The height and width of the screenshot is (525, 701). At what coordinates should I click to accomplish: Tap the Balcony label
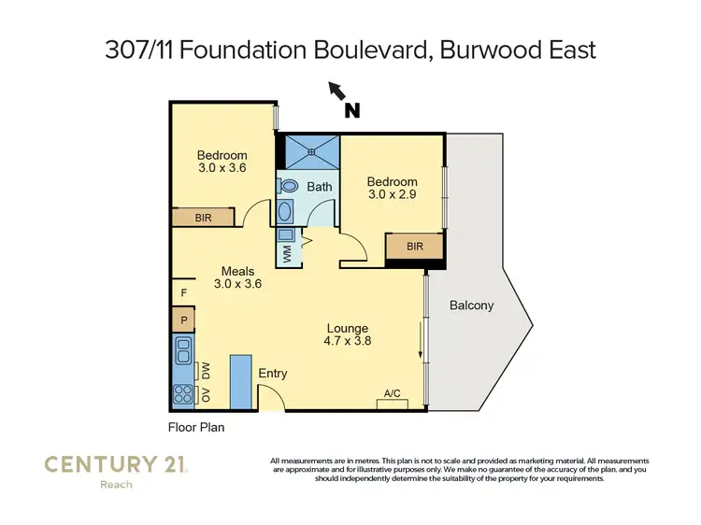pos(471,305)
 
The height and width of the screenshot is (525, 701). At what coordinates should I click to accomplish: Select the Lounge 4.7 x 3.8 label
pos(347,334)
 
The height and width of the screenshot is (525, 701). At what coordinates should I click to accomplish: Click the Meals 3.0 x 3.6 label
pos(237,277)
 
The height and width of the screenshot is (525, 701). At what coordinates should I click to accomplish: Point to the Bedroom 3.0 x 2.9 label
pos(392,188)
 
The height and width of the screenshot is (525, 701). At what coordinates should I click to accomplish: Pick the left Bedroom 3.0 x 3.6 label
pos(222,162)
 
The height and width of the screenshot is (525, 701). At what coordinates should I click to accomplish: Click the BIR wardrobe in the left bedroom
pos(203,217)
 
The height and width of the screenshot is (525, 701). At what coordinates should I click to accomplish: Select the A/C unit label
pos(393,394)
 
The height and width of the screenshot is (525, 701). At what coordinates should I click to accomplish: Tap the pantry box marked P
pos(183,320)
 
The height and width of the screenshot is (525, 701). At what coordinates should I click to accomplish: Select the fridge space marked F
pos(183,292)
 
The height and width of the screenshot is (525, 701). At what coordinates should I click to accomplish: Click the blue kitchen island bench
pos(240,380)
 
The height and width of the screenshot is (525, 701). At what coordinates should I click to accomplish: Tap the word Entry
pos(273,374)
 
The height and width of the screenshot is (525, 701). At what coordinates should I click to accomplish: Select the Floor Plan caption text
pos(196,428)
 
